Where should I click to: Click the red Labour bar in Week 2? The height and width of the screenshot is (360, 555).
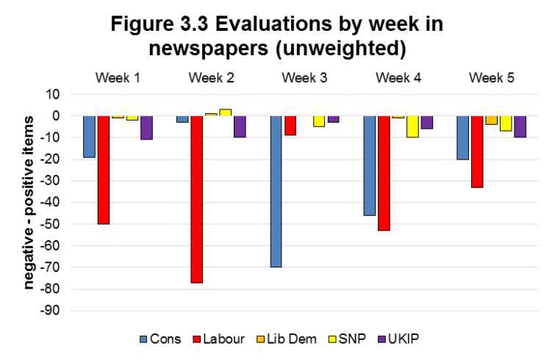point(197,199)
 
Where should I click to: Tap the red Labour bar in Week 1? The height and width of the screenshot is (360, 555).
point(104,170)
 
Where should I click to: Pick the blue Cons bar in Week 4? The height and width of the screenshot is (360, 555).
point(369,165)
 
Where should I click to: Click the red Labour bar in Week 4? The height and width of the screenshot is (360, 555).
point(384,173)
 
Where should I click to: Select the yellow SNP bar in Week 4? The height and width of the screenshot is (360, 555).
point(412,126)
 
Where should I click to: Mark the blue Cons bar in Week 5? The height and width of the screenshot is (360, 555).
point(462,137)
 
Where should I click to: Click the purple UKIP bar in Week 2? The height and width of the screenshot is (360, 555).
point(240,126)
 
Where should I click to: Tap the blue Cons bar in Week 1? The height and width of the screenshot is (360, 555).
point(89,137)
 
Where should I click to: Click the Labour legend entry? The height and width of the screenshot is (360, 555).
point(220,339)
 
